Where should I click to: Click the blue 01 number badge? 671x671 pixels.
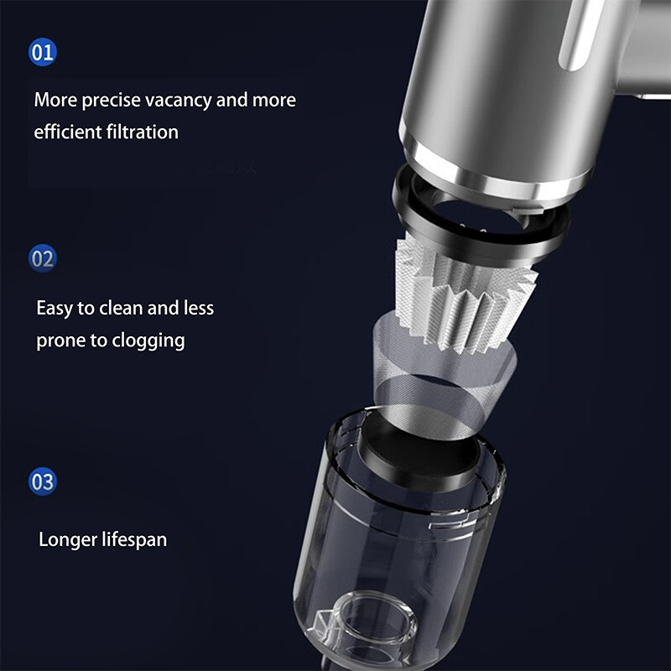pyautogui.click(x=43, y=52)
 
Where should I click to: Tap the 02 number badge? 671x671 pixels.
pyautogui.click(x=43, y=258)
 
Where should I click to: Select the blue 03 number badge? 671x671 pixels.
pyautogui.click(x=43, y=481)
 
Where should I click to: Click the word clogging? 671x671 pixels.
pyautogui.click(x=148, y=341)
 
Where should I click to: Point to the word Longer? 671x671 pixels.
pyautogui.click(x=68, y=539)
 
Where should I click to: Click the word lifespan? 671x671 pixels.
pyautogui.click(x=134, y=539)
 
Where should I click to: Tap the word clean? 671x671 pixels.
pyautogui.click(x=121, y=308)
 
